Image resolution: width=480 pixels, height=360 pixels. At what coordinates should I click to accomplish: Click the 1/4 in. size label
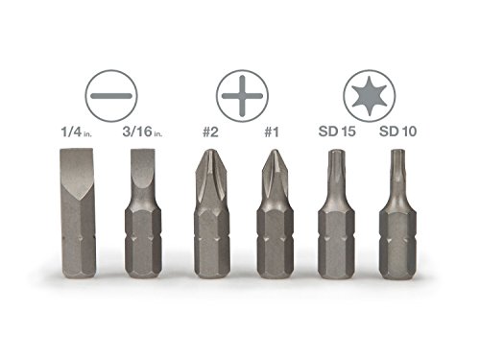pyautogui.click(x=76, y=132)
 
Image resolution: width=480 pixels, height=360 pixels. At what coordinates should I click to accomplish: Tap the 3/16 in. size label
pyautogui.click(x=142, y=132)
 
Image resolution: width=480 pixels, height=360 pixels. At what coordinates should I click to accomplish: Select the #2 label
pyautogui.click(x=210, y=132)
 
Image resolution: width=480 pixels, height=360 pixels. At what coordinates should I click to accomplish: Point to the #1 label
pyautogui.click(x=272, y=132)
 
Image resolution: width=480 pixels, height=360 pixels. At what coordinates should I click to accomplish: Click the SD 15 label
pyautogui.click(x=337, y=132)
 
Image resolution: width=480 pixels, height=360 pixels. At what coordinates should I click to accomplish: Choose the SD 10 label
pyautogui.click(x=397, y=132)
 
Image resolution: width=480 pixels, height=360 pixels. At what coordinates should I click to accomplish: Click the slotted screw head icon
pyautogui.click(x=111, y=96)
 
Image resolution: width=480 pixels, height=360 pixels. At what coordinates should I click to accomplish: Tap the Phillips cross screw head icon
pyautogui.click(x=242, y=96)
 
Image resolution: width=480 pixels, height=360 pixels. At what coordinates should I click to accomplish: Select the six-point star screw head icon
pyautogui.click(x=370, y=96)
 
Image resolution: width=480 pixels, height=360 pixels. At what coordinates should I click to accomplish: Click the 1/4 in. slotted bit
pyautogui.click(x=78, y=213)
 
